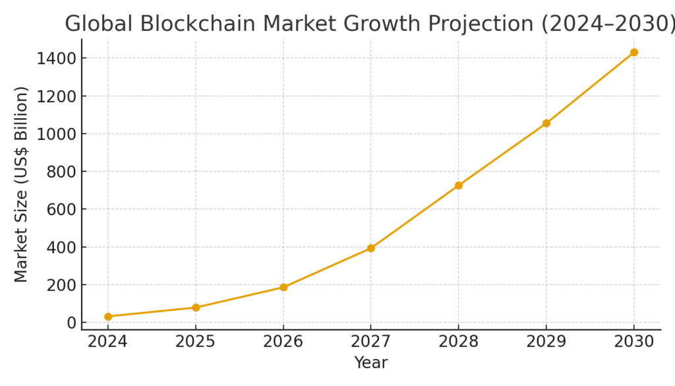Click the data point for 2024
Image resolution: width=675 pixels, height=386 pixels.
point(108,317)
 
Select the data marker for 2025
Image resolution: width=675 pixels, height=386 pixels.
point(196,307)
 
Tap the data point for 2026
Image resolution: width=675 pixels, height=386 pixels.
point(283,287)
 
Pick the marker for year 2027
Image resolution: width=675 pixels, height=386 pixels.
point(371,248)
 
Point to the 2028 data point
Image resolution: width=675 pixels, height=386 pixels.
point(459,185)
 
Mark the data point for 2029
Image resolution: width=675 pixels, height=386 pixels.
point(546,123)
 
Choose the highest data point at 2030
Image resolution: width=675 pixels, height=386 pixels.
point(634,52)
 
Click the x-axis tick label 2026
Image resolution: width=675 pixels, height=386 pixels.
point(283,341)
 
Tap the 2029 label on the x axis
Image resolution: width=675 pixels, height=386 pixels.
point(546,341)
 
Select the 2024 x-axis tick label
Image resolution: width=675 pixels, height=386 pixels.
point(108,341)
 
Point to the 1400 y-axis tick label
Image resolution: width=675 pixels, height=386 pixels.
point(57,59)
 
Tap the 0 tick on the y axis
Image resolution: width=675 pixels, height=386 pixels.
point(71,323)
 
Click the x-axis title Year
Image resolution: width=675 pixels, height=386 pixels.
point(371,363)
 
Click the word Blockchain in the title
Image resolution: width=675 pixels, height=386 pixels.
point(195,24)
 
